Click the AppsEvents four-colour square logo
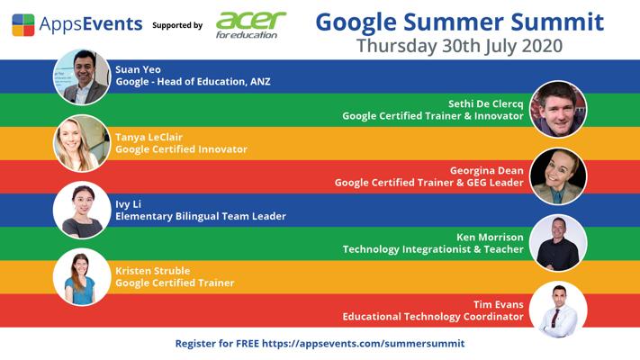tap(23, 25)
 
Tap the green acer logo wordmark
tap(250, 21)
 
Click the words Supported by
tap(177, 25)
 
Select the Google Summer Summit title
tap(460, 22)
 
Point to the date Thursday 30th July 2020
tap(460, 46)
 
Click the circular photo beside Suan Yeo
tap(82, 76)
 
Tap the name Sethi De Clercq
tap(485, 103)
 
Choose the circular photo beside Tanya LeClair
tap(82, 143)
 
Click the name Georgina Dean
tap(487, 171)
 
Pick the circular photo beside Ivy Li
tap(82, 210)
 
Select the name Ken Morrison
tap(490, 237)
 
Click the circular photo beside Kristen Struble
tap(82, 276)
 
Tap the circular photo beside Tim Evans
tap(558, 310)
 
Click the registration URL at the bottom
tap(364, 344)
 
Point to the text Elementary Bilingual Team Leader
tap(201, 216)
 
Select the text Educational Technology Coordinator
tap(433, 317)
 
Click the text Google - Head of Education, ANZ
tap(193, 82)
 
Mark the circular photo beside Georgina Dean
tap(558, 176)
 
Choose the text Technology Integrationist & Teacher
tap(433, 249)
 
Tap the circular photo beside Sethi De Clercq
tap(558, 109)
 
